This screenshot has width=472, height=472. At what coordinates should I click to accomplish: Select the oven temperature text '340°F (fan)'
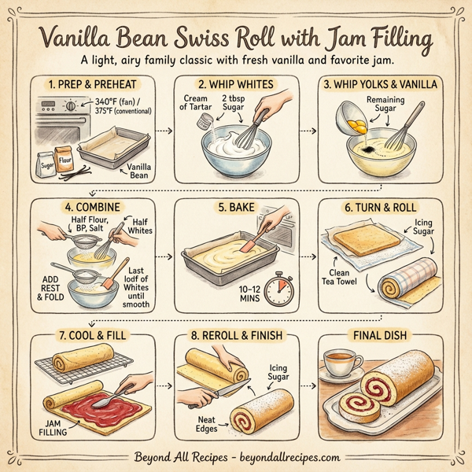107,101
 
